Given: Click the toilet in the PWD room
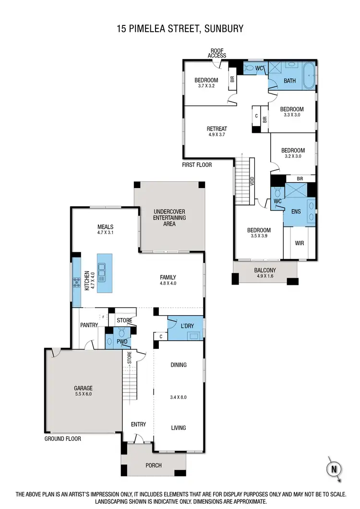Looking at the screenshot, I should (121, 332).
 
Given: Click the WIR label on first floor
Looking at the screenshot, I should (300, 243).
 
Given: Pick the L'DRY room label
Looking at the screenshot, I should (187, 326).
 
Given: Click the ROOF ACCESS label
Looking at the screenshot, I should (217, 53).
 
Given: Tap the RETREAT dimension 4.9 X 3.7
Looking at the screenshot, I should (217, 135).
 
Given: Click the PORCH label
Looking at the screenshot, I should (153, 465).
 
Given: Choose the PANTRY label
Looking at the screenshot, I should (89, 325).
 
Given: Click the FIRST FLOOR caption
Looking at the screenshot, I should (197, 165).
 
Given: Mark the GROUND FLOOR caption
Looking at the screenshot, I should (63, 438).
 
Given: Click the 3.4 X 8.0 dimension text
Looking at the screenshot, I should (178, 398).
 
